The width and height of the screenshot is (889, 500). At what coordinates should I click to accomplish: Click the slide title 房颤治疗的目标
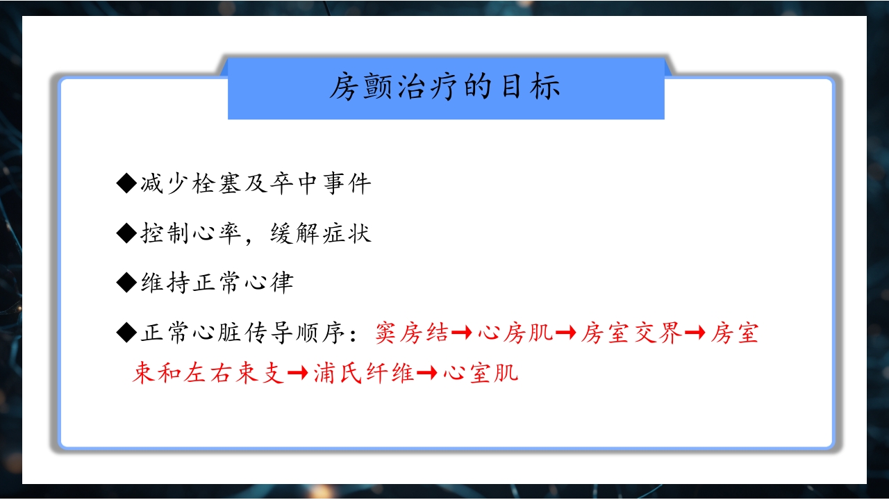[x=444, y=88]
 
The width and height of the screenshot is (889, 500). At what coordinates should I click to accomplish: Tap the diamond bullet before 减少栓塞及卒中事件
[x=126, y=183]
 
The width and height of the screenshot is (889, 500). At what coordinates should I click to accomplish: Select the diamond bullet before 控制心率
[x=126, y=233]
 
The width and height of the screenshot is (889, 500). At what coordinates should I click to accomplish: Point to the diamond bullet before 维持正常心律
[x=126, y=282]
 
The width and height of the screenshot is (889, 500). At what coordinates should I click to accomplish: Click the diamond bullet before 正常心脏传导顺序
[x=126, y=333]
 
